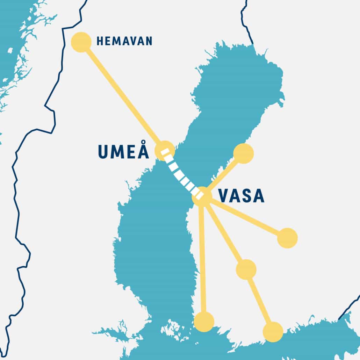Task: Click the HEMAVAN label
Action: (124, 41)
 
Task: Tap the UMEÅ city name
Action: (123, 152)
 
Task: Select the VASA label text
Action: (241, 196)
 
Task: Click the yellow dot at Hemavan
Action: (81, 42)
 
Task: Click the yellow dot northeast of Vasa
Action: (243, 153)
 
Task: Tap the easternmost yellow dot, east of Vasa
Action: (287, 238)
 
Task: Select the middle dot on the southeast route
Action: (246, 269)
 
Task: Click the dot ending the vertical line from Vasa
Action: (204, 322)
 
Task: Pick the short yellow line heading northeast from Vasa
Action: (224, 175)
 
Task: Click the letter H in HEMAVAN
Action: (100, 41)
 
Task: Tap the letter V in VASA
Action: (224, 196)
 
